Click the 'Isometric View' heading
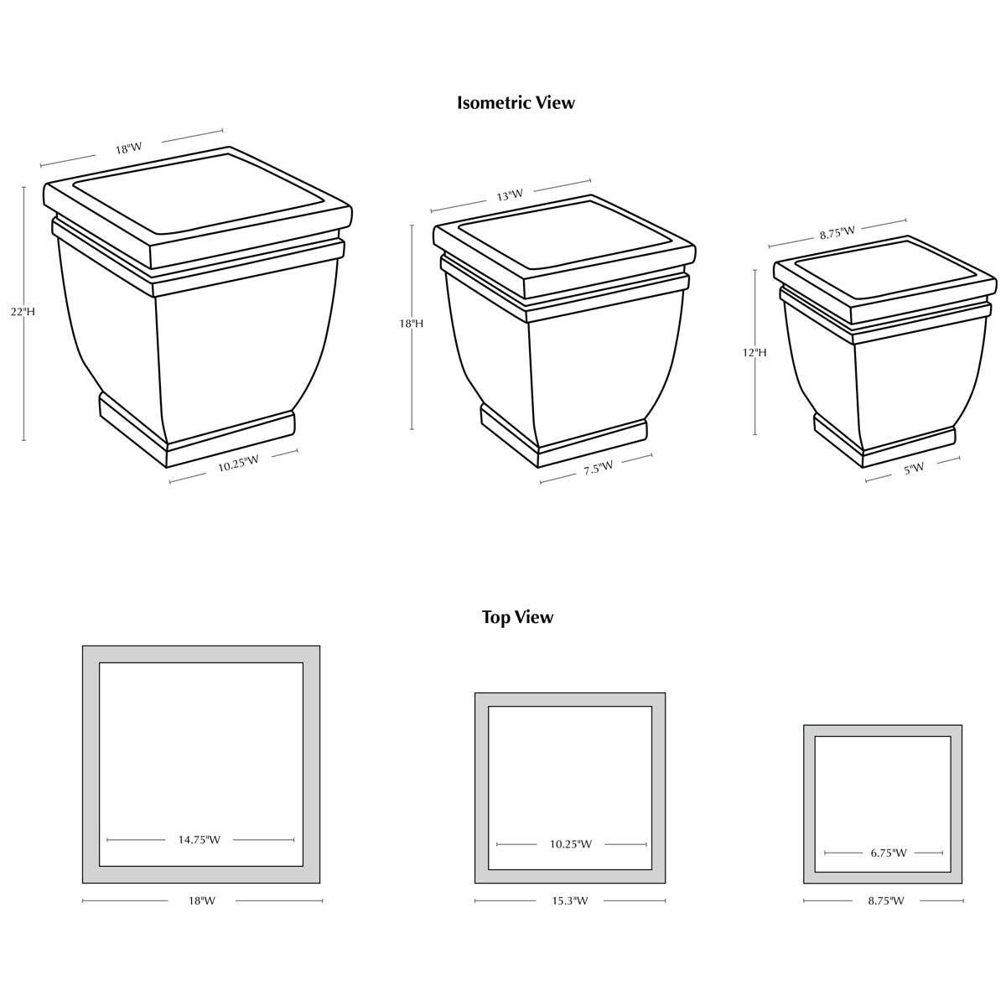click(516, 103)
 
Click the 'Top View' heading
click(517, 618)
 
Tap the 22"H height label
click(23, 312)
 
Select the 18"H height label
click(411, 324)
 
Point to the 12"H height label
click(754, 353)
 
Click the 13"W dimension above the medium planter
click(510, 195)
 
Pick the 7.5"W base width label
click(599, 468)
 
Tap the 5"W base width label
click(914, 469)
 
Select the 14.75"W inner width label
click(200, 840)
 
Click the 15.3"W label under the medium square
click(569, 901)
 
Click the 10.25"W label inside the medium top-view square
click(570, 844)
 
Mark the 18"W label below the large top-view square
click(202, 901)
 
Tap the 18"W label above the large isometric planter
click(129, 148)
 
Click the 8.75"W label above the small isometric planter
click(837, 232)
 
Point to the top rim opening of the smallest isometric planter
click(885, 269)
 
